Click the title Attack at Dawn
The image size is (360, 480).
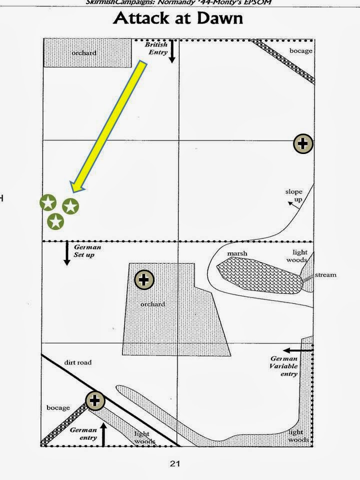[178, 18]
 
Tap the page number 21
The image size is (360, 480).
[174, 463]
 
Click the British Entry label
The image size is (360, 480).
[156, 48]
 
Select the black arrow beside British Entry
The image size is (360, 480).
[172, 51]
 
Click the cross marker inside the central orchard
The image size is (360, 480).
[144, 280]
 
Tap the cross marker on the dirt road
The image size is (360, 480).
[95, 400]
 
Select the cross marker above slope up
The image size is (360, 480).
[302, 144]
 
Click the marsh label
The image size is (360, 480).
[237, 253]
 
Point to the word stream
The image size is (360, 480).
[326, 275]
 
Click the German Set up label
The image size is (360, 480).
[87, 251]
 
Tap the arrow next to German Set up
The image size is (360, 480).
[66, 253]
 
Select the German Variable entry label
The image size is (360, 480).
[284, 366]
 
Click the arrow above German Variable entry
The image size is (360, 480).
[298, 349]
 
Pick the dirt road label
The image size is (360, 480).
[77, 362]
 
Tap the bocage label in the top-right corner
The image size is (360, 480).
[300, 51]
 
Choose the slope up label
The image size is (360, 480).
[294, 195]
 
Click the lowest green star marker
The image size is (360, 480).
[56, 220]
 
